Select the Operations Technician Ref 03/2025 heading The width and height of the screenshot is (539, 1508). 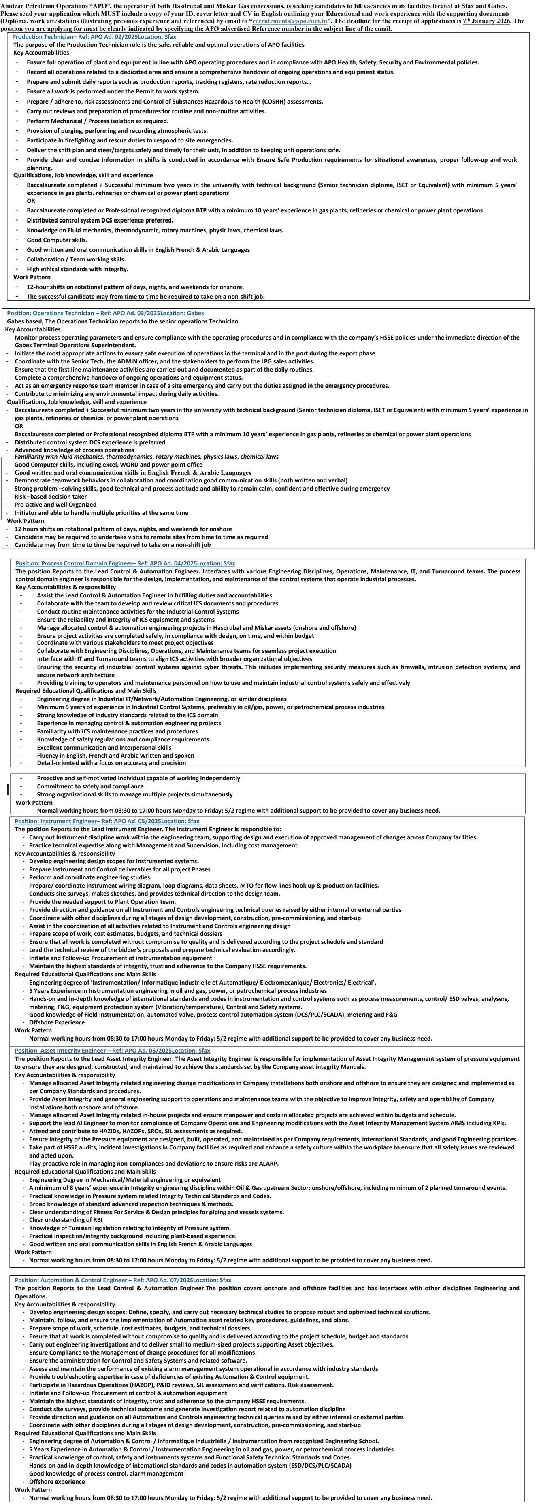click(x=105, y=313)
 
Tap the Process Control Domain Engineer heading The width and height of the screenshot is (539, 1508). click(x=126, y=563)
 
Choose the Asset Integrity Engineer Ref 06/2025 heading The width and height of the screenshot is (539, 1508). click(x=112, y=1051)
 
